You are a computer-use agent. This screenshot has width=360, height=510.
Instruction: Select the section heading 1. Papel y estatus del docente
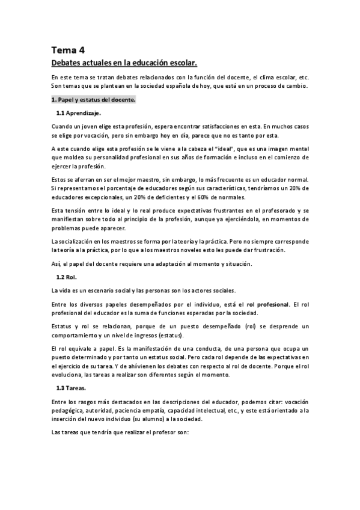coord(93,99)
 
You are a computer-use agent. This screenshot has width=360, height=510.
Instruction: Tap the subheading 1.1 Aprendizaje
coord(79,113)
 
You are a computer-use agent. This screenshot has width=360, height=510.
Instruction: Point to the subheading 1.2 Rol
coord(67,277)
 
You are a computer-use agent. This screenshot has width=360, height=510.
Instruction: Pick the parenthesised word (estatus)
coord(172,335)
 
